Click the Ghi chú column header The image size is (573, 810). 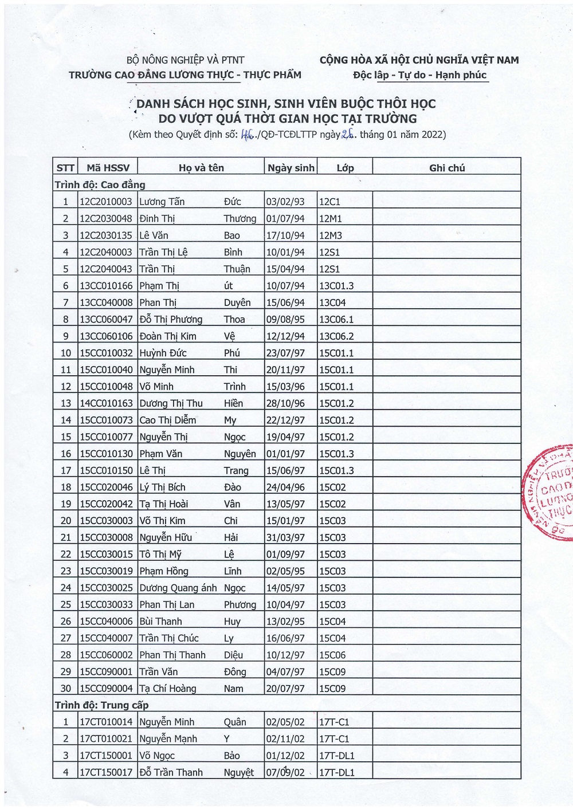(447, 168)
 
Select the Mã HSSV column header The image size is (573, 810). (108, 168)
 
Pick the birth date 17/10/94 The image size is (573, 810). (285, 235)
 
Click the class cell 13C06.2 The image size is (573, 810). (336, 336)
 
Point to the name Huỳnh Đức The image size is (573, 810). (163, 353)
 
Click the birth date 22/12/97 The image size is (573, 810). (285, 420)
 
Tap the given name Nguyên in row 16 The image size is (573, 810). (240, 454)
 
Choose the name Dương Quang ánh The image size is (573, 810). (178, 588)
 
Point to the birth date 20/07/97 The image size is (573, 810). (285, 689)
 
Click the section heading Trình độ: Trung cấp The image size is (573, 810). (101, 705)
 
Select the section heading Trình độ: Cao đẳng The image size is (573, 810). (100, 184)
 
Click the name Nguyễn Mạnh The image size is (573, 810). (168, 739)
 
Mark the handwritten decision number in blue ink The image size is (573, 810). (248, 135)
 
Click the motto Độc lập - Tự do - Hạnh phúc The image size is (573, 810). (419, 75)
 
